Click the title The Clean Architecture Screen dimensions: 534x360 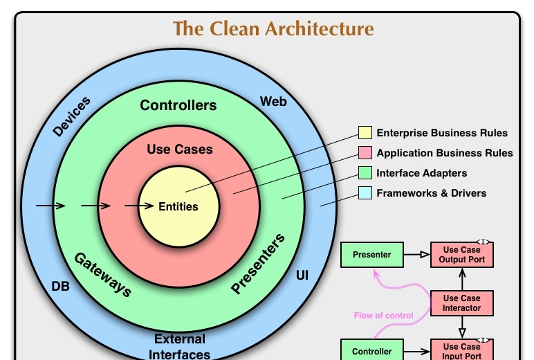point(273,28)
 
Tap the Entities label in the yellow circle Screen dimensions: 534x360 point(178,206)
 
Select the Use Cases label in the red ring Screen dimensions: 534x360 point(180,150)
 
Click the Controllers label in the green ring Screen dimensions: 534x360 point(178,105)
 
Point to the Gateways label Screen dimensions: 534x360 point(103,275)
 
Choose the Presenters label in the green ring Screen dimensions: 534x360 point(258,264)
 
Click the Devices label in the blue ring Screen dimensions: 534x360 point(71,116)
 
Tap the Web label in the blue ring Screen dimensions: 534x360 point(273,102)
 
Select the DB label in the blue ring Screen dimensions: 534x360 point(60,287)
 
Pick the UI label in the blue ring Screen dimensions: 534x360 point(302,276)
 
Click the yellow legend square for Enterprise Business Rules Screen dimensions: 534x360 point(365,133)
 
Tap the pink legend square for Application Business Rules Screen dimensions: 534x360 point(365,153)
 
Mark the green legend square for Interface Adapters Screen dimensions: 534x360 point(365,173)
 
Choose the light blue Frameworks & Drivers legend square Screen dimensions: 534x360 point(365,193)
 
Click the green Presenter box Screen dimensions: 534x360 point(372,255)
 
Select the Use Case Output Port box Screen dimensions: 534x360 point(462,255)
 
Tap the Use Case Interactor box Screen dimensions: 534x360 point(462,303)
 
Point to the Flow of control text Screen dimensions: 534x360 point(383,316)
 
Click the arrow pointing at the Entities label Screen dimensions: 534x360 point(139,206)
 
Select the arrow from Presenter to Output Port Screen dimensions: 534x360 point(417,255)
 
